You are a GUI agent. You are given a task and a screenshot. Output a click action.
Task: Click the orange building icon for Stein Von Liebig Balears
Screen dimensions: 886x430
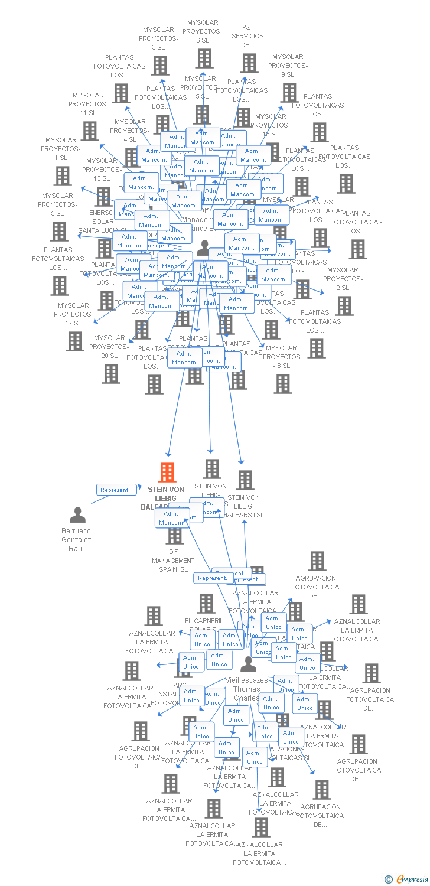(168, 473)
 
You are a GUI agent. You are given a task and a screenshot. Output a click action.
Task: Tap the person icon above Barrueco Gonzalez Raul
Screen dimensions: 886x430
(77, 515)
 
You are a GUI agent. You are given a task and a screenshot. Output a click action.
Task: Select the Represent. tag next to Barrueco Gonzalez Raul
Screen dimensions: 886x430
(115, 490)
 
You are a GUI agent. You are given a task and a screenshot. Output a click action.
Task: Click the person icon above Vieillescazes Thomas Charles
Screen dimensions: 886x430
(249, 664)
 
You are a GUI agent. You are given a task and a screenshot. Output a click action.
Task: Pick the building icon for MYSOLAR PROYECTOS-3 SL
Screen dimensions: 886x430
(159, 65)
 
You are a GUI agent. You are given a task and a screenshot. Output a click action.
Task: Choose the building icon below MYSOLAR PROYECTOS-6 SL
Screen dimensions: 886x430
(204, 58)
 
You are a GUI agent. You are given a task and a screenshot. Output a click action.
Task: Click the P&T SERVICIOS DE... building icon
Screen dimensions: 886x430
(249, 63)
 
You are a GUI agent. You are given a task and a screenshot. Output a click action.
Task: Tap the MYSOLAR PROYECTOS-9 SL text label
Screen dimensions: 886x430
(288, 66)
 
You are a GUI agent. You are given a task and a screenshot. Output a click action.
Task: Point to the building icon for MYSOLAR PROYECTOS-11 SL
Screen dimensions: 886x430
(90, 131)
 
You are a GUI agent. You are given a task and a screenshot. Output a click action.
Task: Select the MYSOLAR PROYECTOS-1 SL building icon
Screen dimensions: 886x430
(63, 175)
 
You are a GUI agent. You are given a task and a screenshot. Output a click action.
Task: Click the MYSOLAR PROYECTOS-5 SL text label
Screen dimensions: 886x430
(58, 204)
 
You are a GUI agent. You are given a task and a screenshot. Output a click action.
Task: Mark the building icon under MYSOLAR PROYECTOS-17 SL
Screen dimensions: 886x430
(75, 341)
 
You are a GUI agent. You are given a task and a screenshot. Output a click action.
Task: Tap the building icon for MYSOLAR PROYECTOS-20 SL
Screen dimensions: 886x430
(110, 373)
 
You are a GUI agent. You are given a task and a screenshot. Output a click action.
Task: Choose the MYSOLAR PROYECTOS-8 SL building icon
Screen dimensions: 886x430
(283, 383)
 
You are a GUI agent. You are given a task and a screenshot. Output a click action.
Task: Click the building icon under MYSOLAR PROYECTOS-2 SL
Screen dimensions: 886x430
(344, 305)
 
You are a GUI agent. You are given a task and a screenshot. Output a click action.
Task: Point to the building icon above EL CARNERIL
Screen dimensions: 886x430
(206, 603)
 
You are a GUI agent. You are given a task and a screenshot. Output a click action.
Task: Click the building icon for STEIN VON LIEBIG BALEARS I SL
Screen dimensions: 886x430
(245, 480)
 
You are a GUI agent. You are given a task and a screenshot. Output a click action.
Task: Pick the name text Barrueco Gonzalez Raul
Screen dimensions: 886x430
(77, 539)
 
